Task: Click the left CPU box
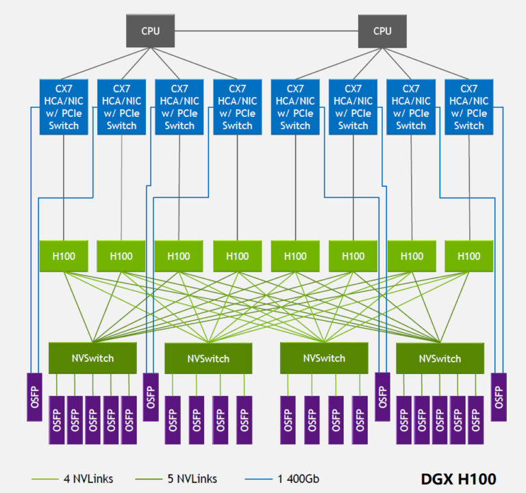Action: pos(150,31)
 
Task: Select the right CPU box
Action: pos(382,31)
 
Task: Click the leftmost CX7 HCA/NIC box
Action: pos(64,107)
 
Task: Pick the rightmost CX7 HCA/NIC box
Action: pos(468,107)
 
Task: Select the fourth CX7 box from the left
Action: pos(237,107)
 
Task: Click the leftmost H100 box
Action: pos(64,256)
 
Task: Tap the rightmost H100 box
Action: pos(468,256)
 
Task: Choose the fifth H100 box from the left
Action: pos(295,256)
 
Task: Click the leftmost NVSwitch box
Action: pos(92,358)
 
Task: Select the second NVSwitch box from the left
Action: pos(208,358)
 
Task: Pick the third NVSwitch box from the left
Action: pos(324,358)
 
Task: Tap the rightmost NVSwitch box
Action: pos(440,358)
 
